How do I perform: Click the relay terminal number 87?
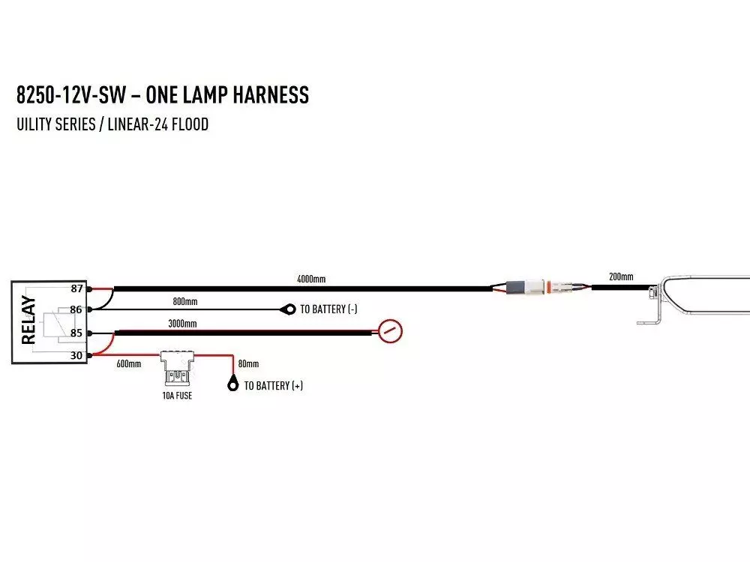tap(76, 288)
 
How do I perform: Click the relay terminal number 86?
tap(76, 309)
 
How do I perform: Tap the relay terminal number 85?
tap(76, 333)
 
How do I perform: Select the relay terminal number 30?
tap(76, 355)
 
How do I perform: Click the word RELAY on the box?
tap(29, 320)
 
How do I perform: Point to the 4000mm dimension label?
tap(311, 280)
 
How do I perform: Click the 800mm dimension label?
tap(185, 301)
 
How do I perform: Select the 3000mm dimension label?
tap(182, 324)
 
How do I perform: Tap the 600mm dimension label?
tap(128, 364)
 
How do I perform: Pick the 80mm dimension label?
tap(248, 364)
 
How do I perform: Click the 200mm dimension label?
tap(621, 277)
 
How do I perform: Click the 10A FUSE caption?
tap(177, 396)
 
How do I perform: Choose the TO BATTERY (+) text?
tap(274, 386)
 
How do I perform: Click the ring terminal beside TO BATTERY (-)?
tap(287, 309)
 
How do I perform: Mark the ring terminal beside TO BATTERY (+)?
tap(232, 386)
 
